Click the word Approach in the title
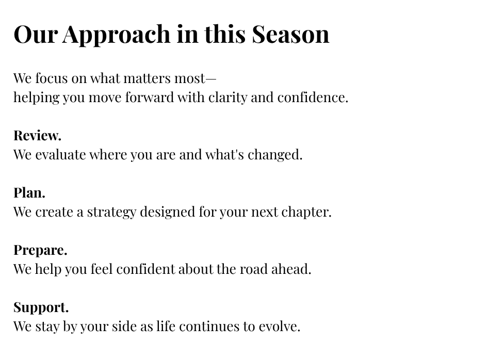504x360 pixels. pyautogui.click(x=117, y=35)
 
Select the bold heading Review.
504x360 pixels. pyautogui.click(x=37, y=135)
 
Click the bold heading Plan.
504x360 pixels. pyautogui.click(x=29, y=192)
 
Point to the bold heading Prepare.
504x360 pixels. pyautogui.click(x=40, y=250)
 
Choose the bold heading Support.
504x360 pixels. pyautogui.click(x=41, y=307)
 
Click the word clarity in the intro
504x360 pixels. pyautogui.click(x=227, y=97)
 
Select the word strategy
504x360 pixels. pyautogui.click(x=111, y=212)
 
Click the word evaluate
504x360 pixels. pyautogui.click(x=61, y=155)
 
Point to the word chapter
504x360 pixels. pyautogui.click(x=306, y=212)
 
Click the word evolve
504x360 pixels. pyautogui.click(x=279, y=326)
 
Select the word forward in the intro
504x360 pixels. pyautogui.click(x=150, y=97)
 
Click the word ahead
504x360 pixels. pyautogui.click(x=291, y=269)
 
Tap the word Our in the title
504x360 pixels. pyautogui.click(x=36, y=34)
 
